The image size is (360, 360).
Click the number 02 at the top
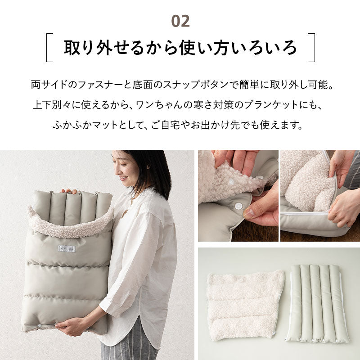point(180,21)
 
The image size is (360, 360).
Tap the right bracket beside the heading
point(312,47)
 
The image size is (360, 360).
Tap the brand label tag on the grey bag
point(67,248)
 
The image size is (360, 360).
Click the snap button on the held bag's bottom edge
point(40,324)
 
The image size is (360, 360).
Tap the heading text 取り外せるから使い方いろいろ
point(180,47)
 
